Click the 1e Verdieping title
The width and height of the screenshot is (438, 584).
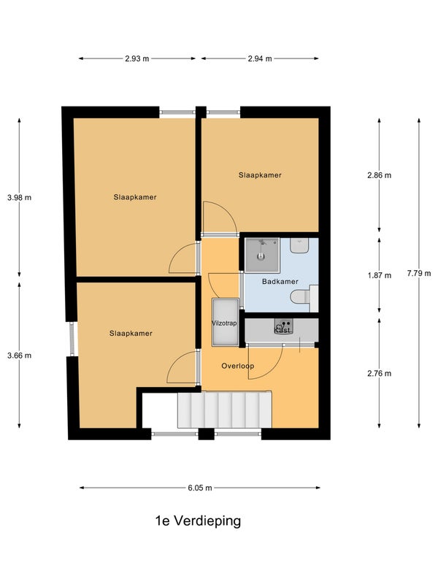(198, 521)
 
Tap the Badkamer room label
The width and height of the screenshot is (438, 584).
(280, 282)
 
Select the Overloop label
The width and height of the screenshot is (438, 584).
(238, 366)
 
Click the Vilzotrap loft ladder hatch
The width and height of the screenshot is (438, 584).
(225, 323)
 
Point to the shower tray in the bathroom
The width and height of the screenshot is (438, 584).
(262, 255)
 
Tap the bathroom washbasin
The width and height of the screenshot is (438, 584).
(299, 246)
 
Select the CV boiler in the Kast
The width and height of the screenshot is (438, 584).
(283, 326)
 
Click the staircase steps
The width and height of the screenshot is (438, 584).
(224, 410)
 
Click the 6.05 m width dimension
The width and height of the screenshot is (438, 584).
(200, 488)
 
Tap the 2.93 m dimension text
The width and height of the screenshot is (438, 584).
(137, 58)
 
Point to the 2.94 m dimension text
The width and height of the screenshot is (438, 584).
(260, 58)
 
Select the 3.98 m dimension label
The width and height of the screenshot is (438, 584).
(20, 198)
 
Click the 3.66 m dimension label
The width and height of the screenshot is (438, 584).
(20, 356)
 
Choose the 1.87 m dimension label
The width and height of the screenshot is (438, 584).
(380, 276)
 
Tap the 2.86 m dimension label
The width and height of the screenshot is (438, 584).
(380, 175)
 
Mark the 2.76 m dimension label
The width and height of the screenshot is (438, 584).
(380, 374)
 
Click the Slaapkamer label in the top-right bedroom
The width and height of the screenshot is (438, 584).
(260, 175)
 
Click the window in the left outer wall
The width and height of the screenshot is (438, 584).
(72, 339)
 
